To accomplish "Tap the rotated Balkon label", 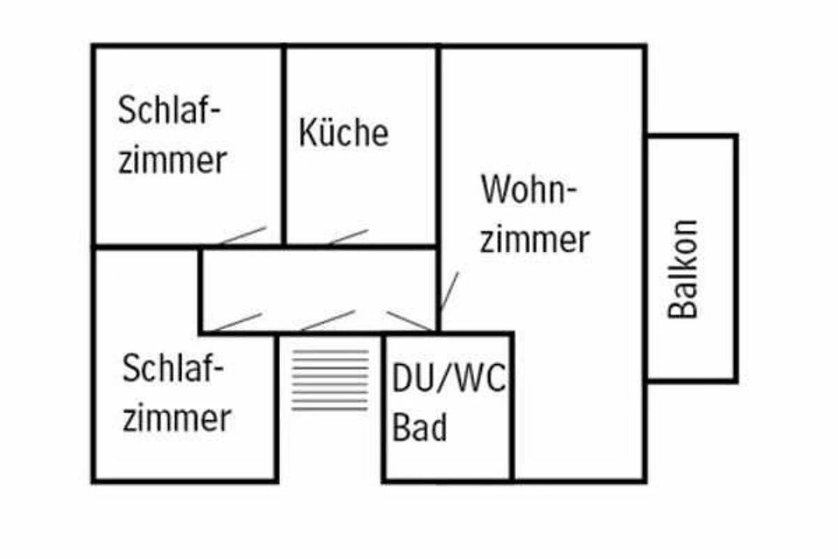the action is (683, 270).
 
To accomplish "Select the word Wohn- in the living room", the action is (528, 189).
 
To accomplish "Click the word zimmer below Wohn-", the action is (535, 239).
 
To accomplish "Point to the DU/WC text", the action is (448, 378).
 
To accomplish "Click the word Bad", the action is (420, 427).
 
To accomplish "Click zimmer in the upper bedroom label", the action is (172, 159).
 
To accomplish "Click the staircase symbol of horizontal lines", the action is (330, 380).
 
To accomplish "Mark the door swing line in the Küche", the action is (348, 237).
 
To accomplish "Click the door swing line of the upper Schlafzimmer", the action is (243, 235).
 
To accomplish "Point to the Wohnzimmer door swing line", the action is (449, 291).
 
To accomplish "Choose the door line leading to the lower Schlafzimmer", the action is (237, 322).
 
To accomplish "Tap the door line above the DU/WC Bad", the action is (411, 321).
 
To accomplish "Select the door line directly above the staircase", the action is (328, 320).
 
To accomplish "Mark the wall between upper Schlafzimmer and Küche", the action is (284, 145).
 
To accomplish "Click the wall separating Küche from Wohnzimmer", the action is (438, 145).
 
